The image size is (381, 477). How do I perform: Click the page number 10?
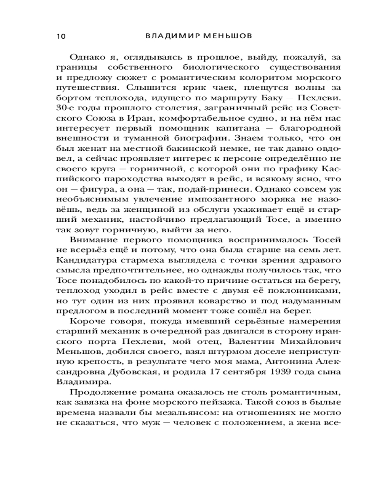[61, 37]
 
